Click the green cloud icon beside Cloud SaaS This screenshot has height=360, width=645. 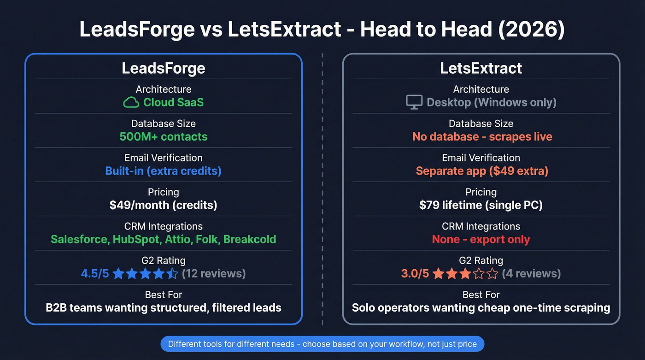[x=131, y=102]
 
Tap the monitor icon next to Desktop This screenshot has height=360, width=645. [x=414, y=102]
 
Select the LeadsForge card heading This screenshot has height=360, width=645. [x=164, y=68]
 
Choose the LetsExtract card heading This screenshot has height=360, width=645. [x=481, y=68]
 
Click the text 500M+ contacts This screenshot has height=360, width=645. [x=164, y=137]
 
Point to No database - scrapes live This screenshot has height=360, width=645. [x=482, y=137]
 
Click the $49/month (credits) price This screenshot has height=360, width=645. [x=164, y=205]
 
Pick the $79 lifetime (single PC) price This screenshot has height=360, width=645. [x=481, y=205]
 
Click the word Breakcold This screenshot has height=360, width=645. [x=250, y=240]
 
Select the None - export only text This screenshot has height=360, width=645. [x=481, y=240]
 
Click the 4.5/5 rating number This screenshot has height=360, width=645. [x=95, y=274]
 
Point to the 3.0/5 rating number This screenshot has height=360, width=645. [x=415, y=274]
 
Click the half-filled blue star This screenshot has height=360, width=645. [x=172, y=274]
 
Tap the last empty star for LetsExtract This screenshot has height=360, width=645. [x=492, y=274]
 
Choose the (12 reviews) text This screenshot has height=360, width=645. [x=214, y=274]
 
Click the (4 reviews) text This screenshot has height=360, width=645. [x=531, y=274]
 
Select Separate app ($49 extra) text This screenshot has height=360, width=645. [x=482, y=171]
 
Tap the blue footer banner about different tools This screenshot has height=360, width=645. [x=322, y=344]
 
